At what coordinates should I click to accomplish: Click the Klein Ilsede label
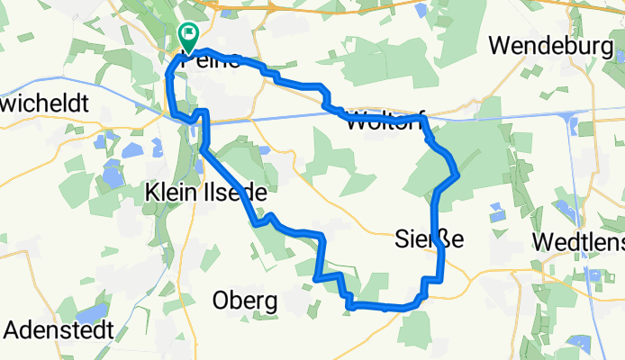click(x=206, y=191)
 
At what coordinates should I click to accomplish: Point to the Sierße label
click(x=430, y=239)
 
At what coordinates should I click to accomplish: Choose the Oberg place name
click(x=245, y=300)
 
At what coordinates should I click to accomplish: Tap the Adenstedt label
click(x=59, y=329)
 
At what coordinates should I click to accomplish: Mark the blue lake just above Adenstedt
click(x=93, y=313)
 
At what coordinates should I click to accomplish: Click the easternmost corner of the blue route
click(x=459, y=174)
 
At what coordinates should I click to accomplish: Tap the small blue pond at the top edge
click(x=421, y=11)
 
